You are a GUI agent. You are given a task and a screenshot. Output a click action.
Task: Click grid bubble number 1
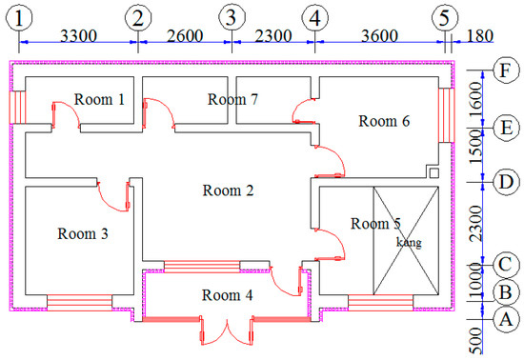click(19, 18)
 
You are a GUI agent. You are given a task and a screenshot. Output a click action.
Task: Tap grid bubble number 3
click(232, 17)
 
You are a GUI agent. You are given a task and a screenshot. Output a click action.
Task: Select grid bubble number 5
click(445, 17)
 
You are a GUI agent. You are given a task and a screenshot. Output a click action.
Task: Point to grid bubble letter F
click(507, 70)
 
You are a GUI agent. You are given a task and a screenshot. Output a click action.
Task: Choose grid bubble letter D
click(507, 182)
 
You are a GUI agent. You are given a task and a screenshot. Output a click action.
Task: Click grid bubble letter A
click(507, 319)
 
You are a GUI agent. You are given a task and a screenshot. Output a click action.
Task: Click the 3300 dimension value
click(78, 36)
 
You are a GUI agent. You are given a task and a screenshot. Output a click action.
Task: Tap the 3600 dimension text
click(379, 36)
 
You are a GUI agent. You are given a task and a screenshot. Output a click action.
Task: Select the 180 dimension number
click(480, 36)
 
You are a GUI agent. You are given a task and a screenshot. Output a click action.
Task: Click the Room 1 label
click(99, 99)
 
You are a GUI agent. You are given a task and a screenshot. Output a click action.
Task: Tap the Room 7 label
click(232, 99)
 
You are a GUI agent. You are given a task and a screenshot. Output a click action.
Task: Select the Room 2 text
click(229, 190)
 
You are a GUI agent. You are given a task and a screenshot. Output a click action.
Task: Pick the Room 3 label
click(83, 233)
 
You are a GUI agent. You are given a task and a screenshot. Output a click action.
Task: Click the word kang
click(409, 242)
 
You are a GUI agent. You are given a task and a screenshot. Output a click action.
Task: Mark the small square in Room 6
click(433, 173)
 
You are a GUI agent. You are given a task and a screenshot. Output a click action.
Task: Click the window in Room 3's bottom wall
click(79, 303)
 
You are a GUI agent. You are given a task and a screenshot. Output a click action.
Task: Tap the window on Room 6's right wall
click(447, 115)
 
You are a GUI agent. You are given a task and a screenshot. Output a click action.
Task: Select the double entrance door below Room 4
click(228, 330)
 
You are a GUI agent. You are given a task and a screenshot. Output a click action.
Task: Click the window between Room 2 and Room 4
click(202, 267)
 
